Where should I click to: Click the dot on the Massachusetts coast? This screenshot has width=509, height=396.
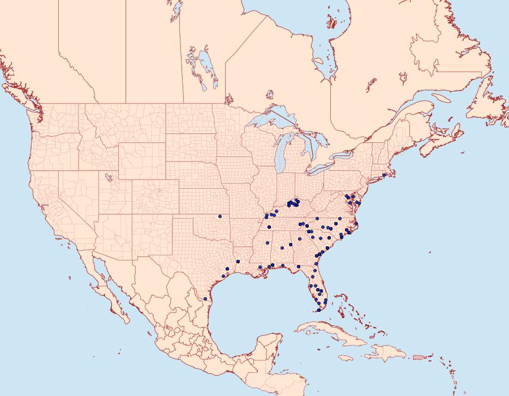tap(384, 175)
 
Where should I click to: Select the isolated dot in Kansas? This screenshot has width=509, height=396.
tap(219, 216)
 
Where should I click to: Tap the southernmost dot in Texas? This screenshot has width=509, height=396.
tap(205, 298)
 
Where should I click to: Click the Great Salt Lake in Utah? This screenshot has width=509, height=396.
tap(106, 177)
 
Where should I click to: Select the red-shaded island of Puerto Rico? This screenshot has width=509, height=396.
tap(419, 356)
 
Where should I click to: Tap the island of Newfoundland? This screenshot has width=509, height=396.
tap(486, 107)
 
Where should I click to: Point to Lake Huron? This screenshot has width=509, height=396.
tap(308, 144)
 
